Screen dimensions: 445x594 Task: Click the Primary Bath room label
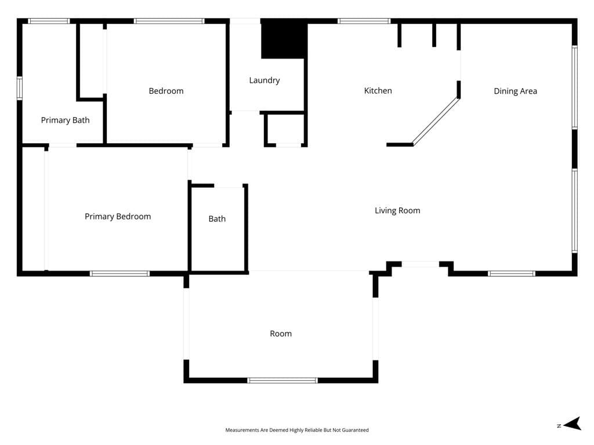click(65, 121)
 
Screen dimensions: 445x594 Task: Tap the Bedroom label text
click(166, 91)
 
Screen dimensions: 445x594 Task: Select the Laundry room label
click(265, 81)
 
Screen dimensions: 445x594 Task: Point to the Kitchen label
click(378, 91)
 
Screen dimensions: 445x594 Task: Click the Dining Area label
click(515, 91)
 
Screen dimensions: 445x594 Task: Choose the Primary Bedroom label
click(118, 217)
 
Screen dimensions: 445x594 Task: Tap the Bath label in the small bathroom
click(217, 219)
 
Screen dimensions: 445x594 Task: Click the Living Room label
click(397, 211)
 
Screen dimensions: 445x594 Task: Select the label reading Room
click(281, 334)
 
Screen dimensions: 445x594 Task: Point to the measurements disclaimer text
click(297, 430)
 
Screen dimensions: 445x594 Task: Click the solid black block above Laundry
click(284, 39)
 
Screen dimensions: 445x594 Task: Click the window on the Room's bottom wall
click(282, 380)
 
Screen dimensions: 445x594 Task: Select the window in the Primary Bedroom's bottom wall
click(120, 273)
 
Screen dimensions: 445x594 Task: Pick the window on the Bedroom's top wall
click(169, 21)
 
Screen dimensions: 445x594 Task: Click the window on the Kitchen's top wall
click(364, 21)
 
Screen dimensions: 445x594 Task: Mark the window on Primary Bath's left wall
click(19, 89)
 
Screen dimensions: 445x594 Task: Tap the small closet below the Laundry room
click(285, 129)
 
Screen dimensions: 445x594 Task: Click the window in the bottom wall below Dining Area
click(511, 273)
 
